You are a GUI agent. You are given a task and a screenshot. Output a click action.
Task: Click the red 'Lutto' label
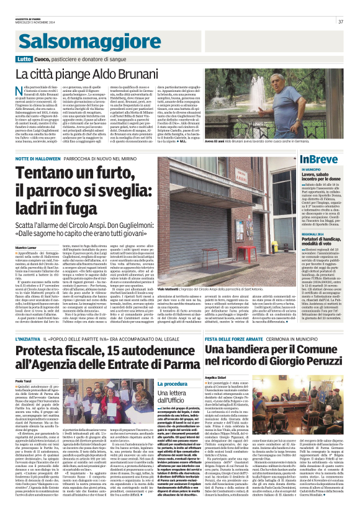[x=23, y=60]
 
